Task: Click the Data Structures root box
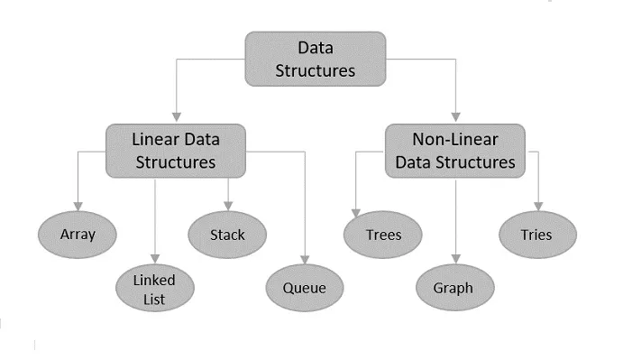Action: pos(315,59)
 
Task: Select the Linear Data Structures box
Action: pos(175,151)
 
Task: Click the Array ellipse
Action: pos(78,235)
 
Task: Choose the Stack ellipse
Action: pos(227,235)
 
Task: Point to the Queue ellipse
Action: pos(304,289)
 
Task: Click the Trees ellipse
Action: pos(383,235)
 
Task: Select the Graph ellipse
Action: pos(456,289)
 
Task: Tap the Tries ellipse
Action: pos(536,235)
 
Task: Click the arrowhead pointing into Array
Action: pos(78,206)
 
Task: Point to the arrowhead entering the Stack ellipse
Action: pos(227,206)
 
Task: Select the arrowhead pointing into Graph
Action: pos(456,260)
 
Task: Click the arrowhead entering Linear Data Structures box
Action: pos(177,117)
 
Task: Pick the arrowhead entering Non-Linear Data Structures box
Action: pos(456,117)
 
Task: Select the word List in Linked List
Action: pos(155,300)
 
